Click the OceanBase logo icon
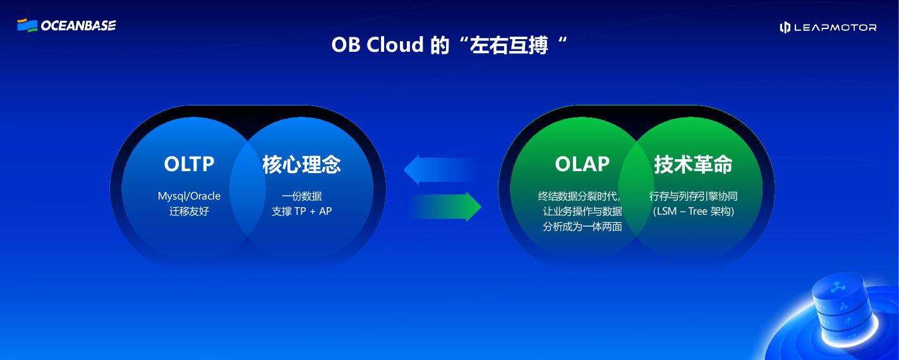click(x=27, y=25)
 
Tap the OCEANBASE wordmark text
click(x=78, y=26)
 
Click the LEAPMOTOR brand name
click(x=836, y=27)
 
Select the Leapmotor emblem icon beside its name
click(x=785, y=27)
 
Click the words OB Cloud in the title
click(x=377, y=45)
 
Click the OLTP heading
click(x=189, y=164)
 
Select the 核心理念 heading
click(x=301, y=164)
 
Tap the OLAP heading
click(x=582, y=164)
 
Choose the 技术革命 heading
click(x=693, y=164)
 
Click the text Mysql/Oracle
click(x=189, y=196)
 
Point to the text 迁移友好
click(x=189, y=211)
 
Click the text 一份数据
click(x=301, y=196)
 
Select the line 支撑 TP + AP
click(x=301, y=211)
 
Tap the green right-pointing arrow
click(x=446, y=207)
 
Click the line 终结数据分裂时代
click(x=579, y=196)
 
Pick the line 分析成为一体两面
click(x=582, y=226)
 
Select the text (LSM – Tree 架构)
click(x=693, y=211)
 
